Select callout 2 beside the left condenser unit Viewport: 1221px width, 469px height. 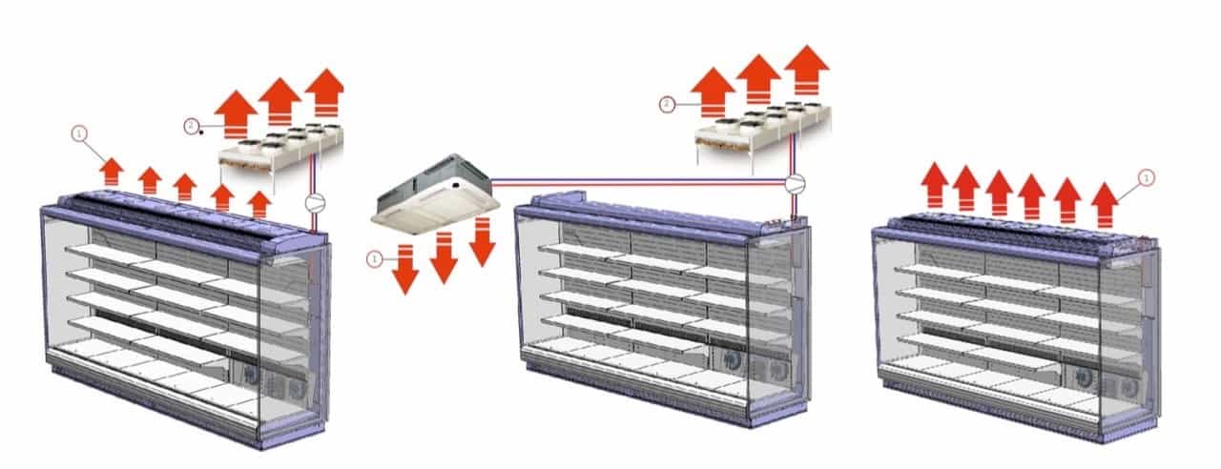[192, 125]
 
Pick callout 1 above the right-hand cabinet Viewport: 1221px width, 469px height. [1147, 176]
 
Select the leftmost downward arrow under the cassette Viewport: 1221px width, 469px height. [406, 270]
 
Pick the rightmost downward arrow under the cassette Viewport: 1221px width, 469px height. [483, 241]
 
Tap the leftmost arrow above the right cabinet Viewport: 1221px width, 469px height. [937, 184]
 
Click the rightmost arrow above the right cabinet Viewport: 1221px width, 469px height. [1104, 200]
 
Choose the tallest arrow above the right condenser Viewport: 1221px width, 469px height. [805, 70]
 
